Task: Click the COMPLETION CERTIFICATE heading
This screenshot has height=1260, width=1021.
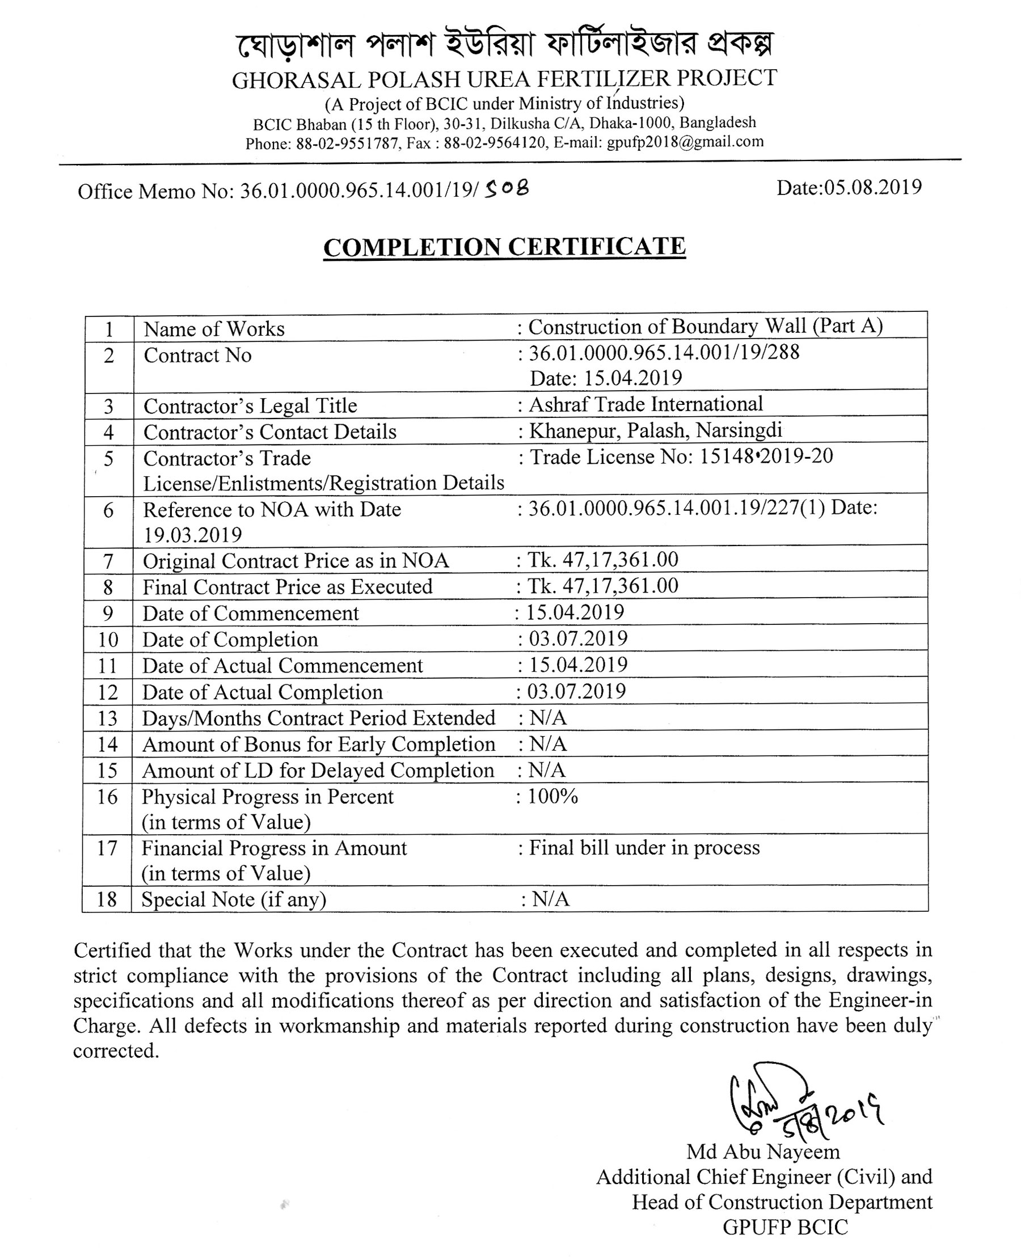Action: point(505,247)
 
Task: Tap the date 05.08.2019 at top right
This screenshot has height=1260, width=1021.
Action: point(849,188)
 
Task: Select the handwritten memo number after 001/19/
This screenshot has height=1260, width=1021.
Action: point(507,188)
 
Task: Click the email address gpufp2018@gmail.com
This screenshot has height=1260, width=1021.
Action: point(685,142)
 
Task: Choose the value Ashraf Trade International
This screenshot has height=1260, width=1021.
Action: point(645,404)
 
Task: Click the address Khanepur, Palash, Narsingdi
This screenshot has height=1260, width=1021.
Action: point(655,430)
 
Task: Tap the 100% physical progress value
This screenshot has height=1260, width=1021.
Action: point(552,796)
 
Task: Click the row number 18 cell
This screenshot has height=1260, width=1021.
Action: point(107,899)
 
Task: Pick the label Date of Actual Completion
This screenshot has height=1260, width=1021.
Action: point(262,692)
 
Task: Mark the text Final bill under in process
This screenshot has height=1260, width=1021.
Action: point(644,847)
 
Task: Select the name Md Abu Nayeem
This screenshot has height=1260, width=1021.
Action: point(763,1151)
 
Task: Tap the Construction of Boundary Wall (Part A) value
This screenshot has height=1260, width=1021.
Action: point(705,326)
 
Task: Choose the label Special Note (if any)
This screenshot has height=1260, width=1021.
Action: point(234,899)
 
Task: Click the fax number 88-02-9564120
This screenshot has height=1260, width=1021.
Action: point(495,143)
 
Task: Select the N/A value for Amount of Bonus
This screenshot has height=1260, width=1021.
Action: point(547,744)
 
